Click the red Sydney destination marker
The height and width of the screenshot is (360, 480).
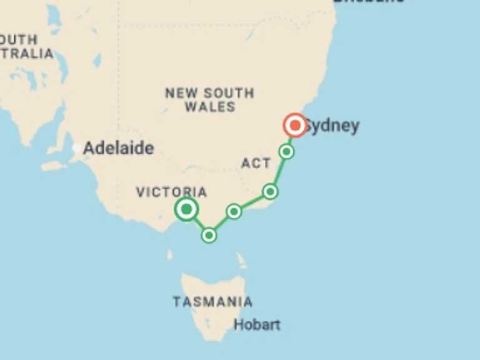[x=294, y=125]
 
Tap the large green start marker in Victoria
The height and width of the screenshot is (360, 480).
[x=186, y=209]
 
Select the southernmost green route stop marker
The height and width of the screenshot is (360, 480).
[x=209, y=235]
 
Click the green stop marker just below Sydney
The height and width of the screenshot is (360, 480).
[x=286, y=151]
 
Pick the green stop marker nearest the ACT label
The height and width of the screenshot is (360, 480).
[x=270, y=191]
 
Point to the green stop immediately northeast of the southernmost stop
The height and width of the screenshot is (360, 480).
[x=234, y=211]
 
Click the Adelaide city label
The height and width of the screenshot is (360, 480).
[x=118, y=149]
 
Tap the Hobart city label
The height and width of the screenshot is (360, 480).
[x=257, y=325]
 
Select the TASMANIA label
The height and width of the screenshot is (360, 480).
[x=212, y=302]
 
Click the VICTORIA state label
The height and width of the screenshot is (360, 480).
[x=171, y=192]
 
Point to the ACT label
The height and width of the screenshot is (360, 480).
[x=256, y=164]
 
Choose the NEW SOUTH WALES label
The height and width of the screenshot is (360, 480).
[x=210, y=100]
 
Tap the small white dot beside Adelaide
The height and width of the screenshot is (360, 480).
[x=76, y=148]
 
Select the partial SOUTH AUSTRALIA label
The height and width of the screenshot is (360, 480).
[x=25, y=47]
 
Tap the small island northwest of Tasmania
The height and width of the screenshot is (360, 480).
[x=170, y=255]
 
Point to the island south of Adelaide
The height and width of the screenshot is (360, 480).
[x=54, y=166]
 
